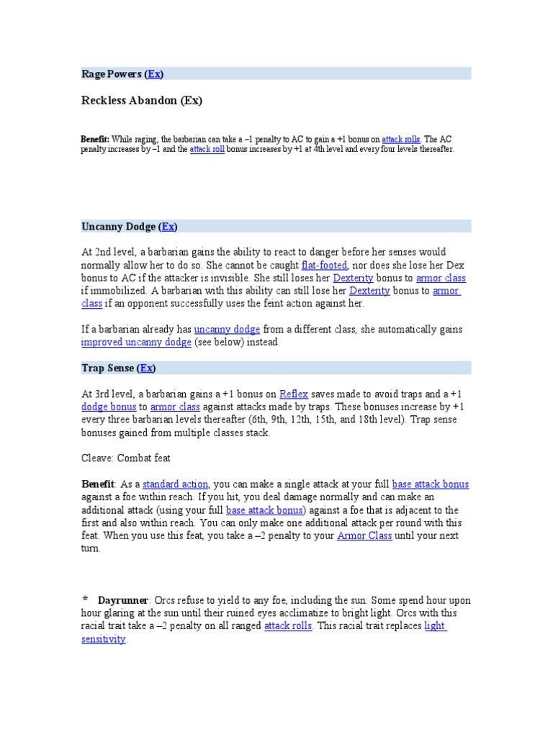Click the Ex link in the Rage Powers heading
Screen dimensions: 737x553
[x=154, y=74]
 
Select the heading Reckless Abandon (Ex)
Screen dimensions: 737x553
[x=142, y=101]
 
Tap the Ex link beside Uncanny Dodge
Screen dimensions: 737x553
[x=168, y=227]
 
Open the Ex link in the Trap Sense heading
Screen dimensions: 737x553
[x=147, y=368]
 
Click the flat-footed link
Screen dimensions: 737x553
[x=324, y=265]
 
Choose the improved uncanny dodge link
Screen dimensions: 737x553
[x=136, y=343]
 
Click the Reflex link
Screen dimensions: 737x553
[x=293, y=394]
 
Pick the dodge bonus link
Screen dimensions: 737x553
[x=107, y=407]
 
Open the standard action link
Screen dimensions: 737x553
[x=175, y=484]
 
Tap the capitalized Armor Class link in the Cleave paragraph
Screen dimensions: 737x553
[x=364, y=536]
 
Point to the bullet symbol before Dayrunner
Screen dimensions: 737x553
[x=85, y=598]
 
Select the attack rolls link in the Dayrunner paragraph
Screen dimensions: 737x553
[x=288, y=626]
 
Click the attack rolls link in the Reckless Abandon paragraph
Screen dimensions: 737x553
[x=401, y=139]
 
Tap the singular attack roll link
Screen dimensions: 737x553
[x=207, y=149]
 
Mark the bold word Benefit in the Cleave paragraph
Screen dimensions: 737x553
[x=97, y=484]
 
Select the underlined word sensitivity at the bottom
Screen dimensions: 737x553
[x=104, y=639]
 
